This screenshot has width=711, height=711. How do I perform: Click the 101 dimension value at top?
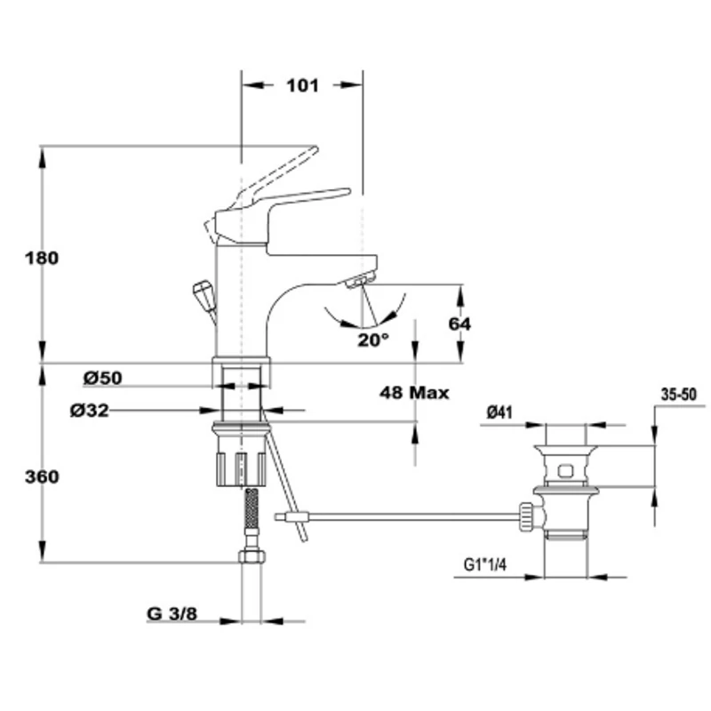coord(302,85)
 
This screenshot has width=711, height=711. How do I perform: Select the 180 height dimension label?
coord(42,258)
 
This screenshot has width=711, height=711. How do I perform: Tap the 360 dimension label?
coord(42,476)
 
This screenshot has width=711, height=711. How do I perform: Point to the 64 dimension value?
coord(459,324)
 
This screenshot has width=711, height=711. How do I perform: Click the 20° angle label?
coord(373,340)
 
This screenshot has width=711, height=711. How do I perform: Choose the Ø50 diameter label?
coord(102,378)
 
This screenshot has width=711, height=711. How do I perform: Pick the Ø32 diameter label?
coord(90,411)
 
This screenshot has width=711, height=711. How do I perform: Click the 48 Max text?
coord(414,393)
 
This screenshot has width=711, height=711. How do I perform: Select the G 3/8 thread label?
coord(172,613)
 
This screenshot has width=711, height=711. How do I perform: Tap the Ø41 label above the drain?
coord(499,412)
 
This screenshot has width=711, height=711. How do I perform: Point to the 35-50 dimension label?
coord(678,395)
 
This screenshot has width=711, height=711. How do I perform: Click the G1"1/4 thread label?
coord(484,564)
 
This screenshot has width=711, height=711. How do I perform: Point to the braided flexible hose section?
coord(252,508)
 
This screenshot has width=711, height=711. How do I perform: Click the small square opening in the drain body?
coord(565,471)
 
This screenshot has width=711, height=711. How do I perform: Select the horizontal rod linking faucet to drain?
coord(398,516)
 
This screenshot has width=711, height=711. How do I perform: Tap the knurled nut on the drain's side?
coord(526,516)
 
